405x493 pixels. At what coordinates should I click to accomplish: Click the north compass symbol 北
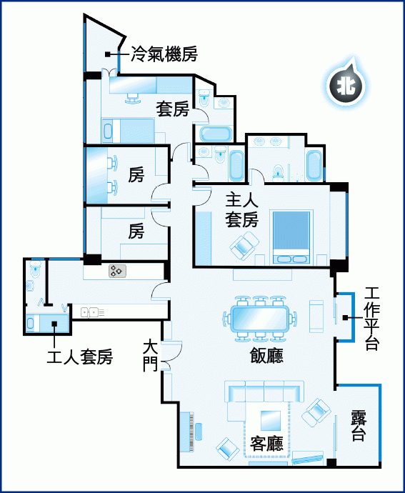coord(346,86)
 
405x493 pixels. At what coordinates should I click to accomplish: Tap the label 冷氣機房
coord(164,54)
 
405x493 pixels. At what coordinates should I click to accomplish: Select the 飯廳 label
coord(266,357)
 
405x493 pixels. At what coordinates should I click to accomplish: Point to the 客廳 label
coord(266,443)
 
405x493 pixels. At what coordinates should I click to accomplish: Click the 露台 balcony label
coord(358,426)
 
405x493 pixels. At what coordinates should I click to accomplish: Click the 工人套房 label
coord(80,357)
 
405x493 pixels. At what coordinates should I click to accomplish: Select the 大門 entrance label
coord(151,357)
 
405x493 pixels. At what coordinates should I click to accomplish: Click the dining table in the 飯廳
coord(260,319)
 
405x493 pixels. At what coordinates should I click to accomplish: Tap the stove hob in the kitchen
coord(118,271)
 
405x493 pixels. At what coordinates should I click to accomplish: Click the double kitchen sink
coord(89,312)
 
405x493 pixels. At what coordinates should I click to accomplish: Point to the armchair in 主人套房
coord(244,246)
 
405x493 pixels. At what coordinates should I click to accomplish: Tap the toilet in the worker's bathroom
coord(35,269)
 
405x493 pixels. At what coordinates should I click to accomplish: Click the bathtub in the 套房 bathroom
coord(216,134)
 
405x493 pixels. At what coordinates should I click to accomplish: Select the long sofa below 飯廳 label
coord(264,392)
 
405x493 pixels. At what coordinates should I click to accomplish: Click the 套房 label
coord(173,109)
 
